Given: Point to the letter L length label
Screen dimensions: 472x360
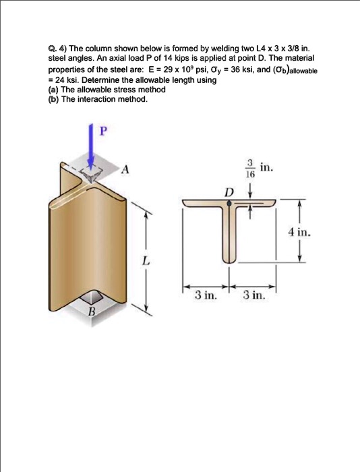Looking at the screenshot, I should click(144, 260).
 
